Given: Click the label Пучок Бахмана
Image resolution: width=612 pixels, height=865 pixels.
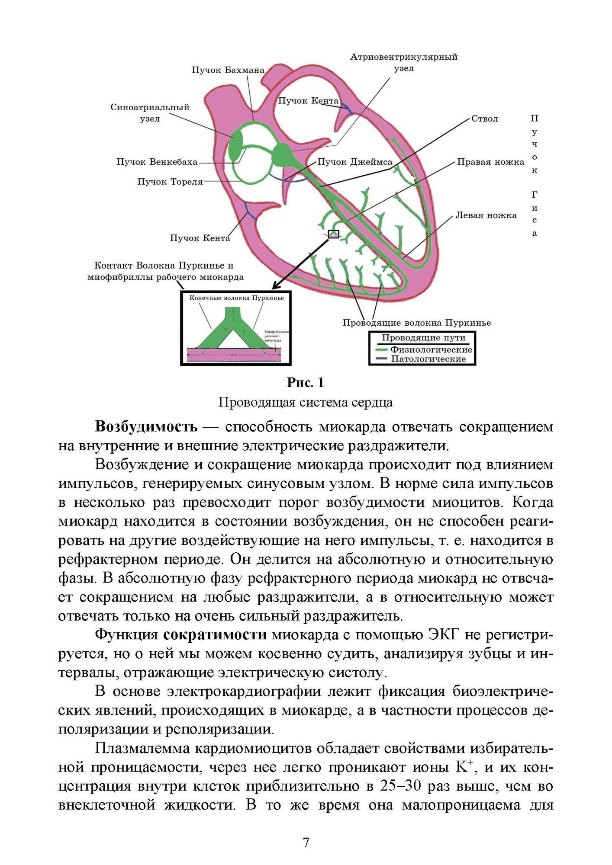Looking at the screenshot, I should click(x=228, y=70).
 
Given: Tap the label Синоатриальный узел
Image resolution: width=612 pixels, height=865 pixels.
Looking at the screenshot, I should click(x=150, y=113).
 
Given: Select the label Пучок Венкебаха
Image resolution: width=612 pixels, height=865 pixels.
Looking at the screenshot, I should click(x=157, y=162).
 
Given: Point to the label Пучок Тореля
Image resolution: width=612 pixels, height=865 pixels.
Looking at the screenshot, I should click(x=170, y=182).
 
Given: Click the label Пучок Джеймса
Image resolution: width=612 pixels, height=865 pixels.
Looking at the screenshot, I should click(x=354, y=162).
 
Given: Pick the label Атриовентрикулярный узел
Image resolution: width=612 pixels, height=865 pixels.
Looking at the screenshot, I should click(x=403, y=63).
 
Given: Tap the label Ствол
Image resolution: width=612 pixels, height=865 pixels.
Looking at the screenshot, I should click(x=484, y=119).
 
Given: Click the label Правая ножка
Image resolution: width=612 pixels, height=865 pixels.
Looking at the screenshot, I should click(x=490, y=162).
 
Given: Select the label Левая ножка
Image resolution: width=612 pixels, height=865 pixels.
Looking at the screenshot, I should click(x=486, y=215).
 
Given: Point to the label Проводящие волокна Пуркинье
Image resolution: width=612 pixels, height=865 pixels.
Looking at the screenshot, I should click(x=416, y=323).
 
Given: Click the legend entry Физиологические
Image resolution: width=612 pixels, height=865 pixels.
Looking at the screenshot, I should click(x=431, y=349).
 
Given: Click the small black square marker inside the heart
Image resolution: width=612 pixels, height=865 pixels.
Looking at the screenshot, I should click(x=334, y=234).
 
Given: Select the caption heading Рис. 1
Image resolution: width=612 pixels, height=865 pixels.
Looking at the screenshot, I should click(x=306, y=382).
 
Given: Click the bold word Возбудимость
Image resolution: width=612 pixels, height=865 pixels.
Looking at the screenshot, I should click(x=146, y=427).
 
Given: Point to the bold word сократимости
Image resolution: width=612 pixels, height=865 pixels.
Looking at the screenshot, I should click(x=215, y=634).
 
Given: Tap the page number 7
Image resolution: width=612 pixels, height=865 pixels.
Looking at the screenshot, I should click(x=306, y=843).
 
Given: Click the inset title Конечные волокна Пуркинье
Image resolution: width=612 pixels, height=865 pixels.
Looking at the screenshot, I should click(x=236, y=298).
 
